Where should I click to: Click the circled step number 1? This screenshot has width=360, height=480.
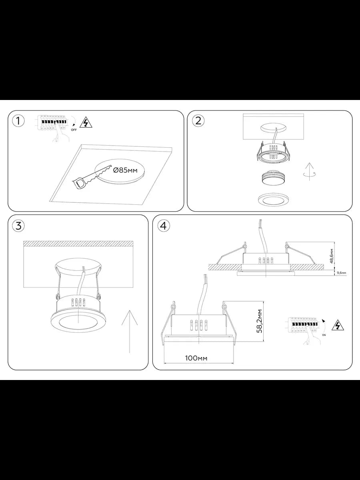pos(18,121)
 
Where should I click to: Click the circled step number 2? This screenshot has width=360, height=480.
pos(198,121)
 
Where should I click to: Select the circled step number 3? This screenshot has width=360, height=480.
pos(18,226)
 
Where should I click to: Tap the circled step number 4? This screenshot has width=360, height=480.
pos(163,226)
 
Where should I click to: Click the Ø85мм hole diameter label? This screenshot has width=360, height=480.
pos(126,170)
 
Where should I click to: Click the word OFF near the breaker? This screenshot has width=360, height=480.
pos(74,130)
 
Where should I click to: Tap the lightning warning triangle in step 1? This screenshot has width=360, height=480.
pos(86,123)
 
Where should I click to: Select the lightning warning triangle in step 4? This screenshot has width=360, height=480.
pos(338,326)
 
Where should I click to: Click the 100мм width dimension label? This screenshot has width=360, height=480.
pos(196,358)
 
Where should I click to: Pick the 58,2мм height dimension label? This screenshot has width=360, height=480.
pos(260,321)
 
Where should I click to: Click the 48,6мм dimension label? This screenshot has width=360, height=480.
pos(332,256)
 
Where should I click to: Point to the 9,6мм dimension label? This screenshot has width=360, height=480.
pos(342,273)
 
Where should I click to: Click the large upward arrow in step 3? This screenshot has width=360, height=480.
pos(130,332)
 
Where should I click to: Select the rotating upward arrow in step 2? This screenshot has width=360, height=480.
pos(310,172)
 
